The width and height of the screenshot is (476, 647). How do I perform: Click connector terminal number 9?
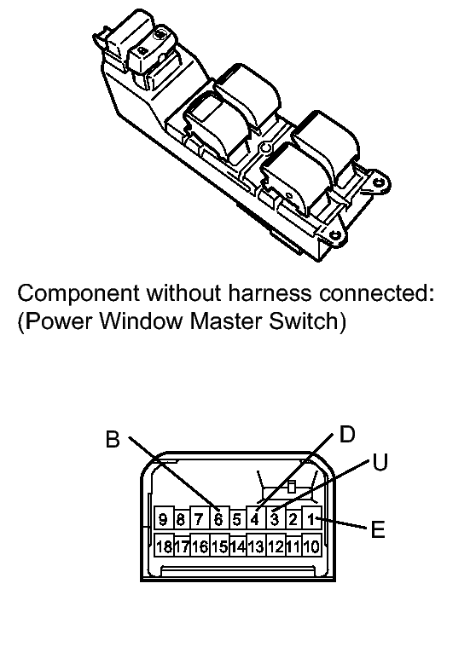click(x=163, y=519)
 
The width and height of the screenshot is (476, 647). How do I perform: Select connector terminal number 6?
click(x=218, y=519)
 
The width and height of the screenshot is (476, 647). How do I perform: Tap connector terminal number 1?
click(x=311, y=518)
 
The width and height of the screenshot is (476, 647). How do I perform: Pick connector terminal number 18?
click(x=164, y=546)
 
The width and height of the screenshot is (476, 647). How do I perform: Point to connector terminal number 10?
click(x=311, y=546)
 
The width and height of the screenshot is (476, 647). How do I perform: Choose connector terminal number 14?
click(x=237, y=546)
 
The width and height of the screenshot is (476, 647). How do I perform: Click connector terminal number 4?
click(x=256, y=518)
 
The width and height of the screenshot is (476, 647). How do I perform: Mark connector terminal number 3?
click(x=274, y=518)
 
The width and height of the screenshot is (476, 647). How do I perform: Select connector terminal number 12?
click(x=275, y=546)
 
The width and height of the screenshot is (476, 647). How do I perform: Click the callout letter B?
click(x=113, y=439)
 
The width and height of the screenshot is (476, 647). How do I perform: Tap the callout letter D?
click(x=347, y=435)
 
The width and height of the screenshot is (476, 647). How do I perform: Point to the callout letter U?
click(x=380, y=462)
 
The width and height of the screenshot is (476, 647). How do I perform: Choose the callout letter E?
click(x=378, y=529)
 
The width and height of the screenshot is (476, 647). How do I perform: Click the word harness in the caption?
click(x=270, y=293)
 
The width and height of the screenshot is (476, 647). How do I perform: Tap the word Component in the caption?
click(x=78, y=294)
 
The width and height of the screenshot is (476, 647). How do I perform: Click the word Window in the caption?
click(x=142, y=321)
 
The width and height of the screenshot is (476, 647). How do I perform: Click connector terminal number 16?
click(x=200, y=546)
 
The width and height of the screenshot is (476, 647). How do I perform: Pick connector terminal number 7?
click(x=200, y=519)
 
